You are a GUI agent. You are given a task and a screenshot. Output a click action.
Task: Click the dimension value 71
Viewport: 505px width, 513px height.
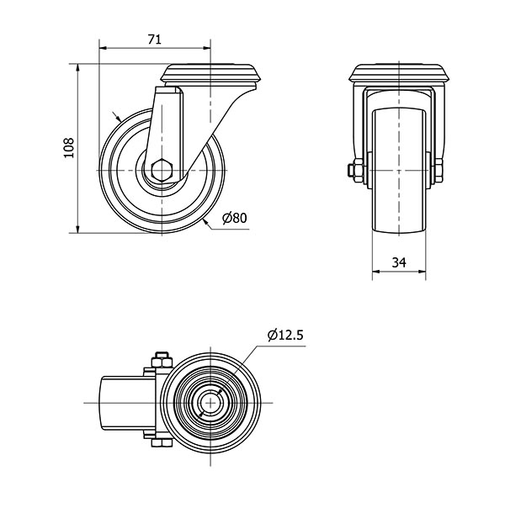pos(155,40)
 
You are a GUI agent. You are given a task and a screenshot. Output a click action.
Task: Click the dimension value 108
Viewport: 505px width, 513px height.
pos(69,148)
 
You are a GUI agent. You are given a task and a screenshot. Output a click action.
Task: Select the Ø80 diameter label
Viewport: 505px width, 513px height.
pos(234,218)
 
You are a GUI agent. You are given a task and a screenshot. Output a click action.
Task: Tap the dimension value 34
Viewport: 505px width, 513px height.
pos(399,262)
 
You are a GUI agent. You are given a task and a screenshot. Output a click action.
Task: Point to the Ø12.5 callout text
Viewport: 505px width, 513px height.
pos(286,336)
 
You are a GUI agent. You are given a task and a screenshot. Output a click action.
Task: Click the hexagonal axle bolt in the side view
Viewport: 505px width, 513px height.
pos(161,170)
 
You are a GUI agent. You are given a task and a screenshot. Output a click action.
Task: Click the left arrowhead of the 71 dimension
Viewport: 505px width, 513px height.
pos(103,48)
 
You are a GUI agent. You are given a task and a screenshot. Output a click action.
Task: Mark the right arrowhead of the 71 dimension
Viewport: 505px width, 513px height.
pos(207,48)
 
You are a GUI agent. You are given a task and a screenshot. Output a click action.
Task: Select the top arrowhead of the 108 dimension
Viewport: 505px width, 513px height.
pos(78,68)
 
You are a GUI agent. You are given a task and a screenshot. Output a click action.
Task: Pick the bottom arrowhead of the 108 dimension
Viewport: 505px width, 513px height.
pos(78,229)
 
